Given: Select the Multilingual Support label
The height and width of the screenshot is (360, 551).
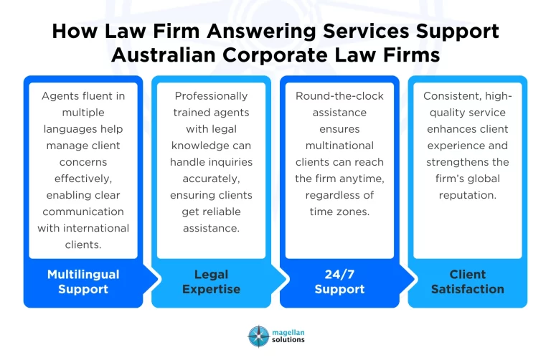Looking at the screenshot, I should (x=83, y=282).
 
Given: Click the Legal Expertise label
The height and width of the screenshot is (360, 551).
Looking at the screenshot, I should (x=211, y=282).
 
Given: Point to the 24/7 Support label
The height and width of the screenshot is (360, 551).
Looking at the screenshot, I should (x=339, y=282).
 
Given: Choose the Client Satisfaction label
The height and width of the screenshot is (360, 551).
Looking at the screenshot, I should (x=467, y=282).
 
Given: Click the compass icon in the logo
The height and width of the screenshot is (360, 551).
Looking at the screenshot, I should (x=258, y=336).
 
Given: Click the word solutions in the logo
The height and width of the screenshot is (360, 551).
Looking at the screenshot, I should (x=287, y=340).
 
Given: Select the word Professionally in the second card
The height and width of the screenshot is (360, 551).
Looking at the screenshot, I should (x=211, y=95).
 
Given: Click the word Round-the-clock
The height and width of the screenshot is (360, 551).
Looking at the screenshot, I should (x=339, y=95).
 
